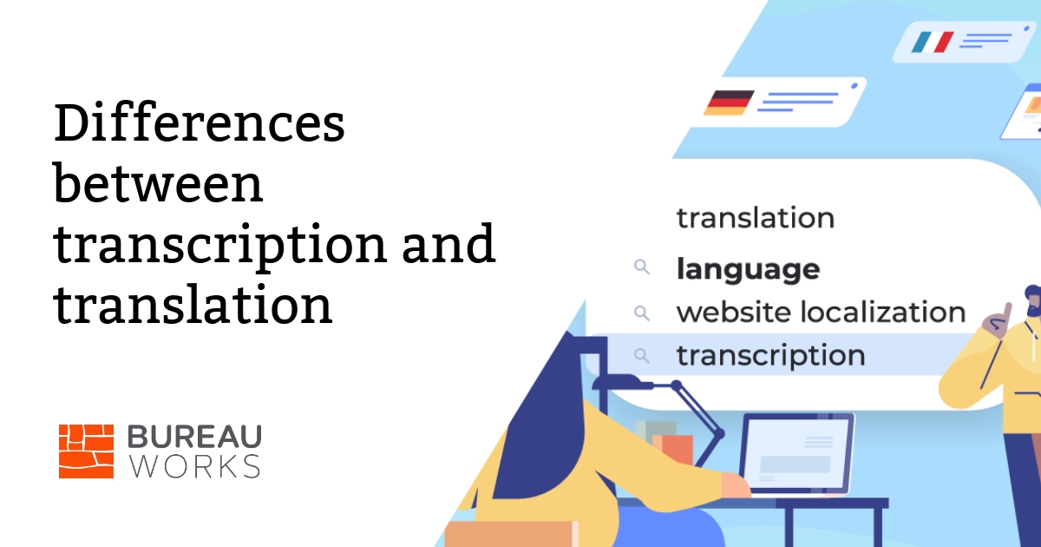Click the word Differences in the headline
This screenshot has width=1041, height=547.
click(x=199, y=124)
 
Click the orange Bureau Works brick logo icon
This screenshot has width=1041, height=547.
click(x=86, y=451)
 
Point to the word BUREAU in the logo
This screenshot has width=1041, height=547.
click(x=193, y=437)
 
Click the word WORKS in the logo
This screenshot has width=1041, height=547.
click(x=193, y=466)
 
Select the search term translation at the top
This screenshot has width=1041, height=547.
click(x=755, y=217)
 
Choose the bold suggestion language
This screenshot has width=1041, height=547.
click(x=748, y=269)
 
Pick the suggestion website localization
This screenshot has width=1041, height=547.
click(x=821, y=312)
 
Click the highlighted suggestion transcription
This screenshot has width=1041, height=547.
click(x=770, y=355)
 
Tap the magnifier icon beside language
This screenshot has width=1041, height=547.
click(x=642, y=268)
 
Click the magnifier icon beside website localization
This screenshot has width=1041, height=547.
click(x=642, y=312)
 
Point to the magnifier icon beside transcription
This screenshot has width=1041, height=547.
click(x=642, y=355)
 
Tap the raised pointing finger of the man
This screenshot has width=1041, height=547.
click(x=1007, y=311)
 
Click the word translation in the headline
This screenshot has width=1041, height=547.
click(x=193, y=306)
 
